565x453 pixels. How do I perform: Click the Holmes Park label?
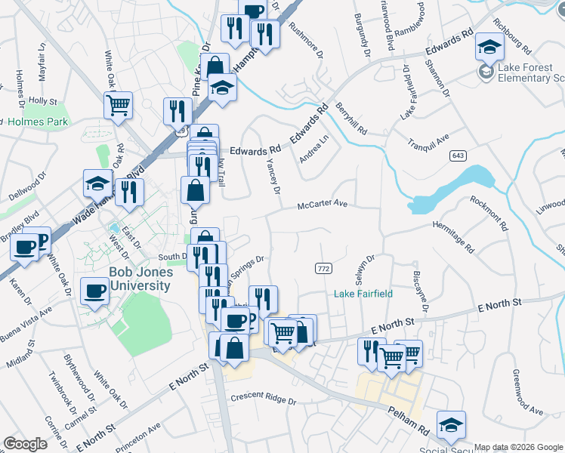(x=38, y=121)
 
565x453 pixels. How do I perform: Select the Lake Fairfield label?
(x=363, y=294)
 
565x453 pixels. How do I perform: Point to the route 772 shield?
(x=323, y=268)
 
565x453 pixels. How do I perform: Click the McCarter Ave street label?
(x=322, y=204)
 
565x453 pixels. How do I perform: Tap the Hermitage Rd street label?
(x=452, y=236)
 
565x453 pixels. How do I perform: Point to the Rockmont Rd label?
(x=488, y=214)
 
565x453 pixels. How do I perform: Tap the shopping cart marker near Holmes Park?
(x=118, y=106)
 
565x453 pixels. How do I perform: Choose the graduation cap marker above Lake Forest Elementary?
(x=489, y=48)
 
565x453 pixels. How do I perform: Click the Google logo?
(x=25, y=444)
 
